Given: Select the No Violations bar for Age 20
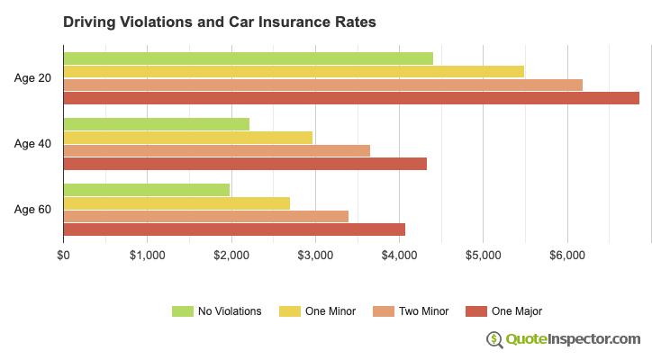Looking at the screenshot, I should pos(248,58).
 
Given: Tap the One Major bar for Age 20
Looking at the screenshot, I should pos(351,98).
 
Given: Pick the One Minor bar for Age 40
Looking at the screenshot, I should pos(187,138).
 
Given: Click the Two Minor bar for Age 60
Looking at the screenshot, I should pos(205,216).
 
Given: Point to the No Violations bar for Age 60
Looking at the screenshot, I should pos(146,190).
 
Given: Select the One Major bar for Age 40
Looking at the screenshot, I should pos(245,164).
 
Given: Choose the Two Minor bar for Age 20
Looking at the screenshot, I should pos(322,85).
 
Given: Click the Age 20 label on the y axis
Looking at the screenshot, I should pos(32,78).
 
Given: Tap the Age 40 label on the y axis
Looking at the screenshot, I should pos(32,144).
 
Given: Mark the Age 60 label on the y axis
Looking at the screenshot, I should pos(32,210).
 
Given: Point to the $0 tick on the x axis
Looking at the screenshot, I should pos(63,256).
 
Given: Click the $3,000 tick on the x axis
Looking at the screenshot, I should pos(315,256).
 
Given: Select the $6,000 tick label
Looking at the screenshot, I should pos(566,256).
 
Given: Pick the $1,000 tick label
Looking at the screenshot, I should pos(147,256).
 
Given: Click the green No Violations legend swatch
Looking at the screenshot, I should pos(183,311).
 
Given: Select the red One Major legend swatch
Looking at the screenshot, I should pos(475,311).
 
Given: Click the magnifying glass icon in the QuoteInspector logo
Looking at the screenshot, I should pos(494,339).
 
